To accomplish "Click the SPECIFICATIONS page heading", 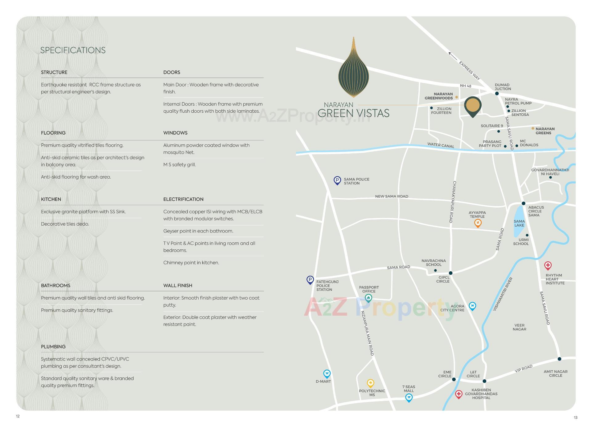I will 73,50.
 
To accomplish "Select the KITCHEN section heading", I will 51,199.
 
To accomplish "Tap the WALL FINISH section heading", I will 178,285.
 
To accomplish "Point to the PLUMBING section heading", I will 53,346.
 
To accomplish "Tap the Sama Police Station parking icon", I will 337,180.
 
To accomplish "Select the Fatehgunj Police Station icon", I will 310,280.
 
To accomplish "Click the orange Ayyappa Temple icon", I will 478,223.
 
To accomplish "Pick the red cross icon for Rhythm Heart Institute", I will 548,265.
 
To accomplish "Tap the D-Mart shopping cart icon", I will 327,374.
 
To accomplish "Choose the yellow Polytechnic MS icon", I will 370,383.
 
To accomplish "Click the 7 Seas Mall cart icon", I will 409,398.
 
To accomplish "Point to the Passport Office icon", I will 368,298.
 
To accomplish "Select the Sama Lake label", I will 519,223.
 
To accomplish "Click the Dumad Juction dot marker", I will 497,93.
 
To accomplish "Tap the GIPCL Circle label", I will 443,279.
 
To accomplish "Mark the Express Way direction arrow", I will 452,56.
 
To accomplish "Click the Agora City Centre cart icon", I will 472,306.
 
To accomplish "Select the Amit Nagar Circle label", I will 555,373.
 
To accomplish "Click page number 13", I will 575,417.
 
